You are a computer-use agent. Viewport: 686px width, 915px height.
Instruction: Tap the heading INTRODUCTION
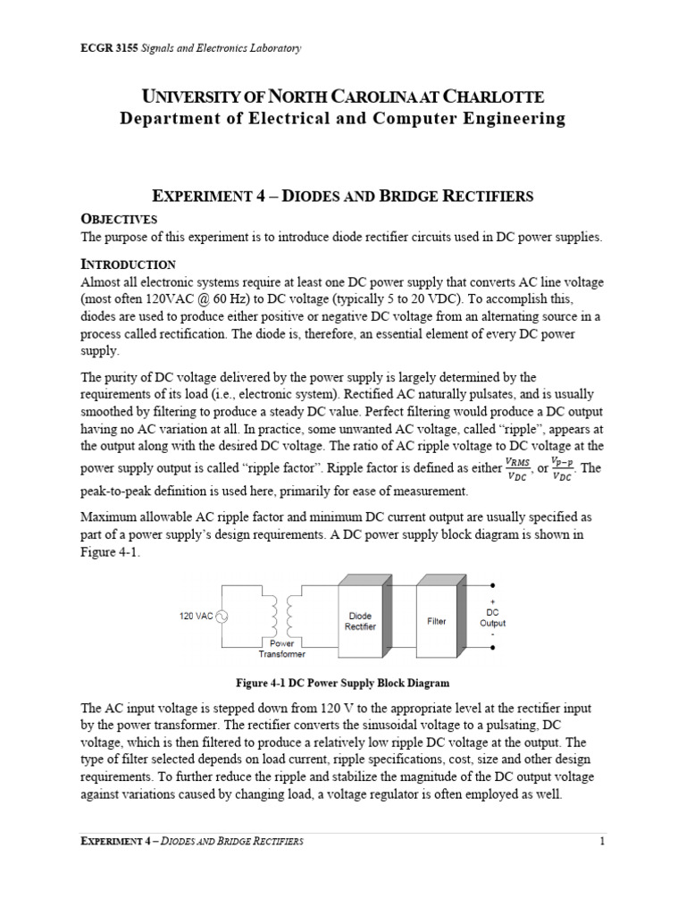129,264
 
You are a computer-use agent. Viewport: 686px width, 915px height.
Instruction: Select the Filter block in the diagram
437,620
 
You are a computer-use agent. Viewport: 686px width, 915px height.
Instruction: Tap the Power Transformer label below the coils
282,649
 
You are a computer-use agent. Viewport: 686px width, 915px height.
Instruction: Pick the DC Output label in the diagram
492,617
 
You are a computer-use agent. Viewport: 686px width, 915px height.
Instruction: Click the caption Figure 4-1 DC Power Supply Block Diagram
342,684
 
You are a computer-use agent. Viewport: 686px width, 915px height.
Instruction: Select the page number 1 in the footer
603,841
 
